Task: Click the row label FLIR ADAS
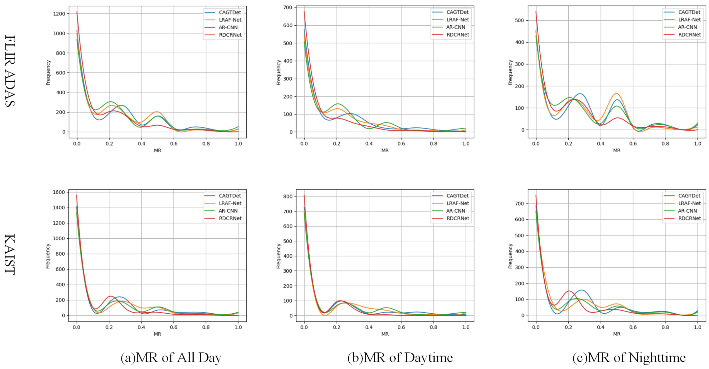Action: tap(10, 71)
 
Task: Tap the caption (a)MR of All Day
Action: tap(171, 357)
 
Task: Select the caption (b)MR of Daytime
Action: tap(400, 357)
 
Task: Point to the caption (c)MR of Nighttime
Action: tap(629, 357)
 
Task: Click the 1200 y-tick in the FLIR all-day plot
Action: tap(59, 14)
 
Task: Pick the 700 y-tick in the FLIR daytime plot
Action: tap(288, 7)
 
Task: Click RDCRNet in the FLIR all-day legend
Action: tap(230, 35)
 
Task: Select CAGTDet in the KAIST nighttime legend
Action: tap(689, 196)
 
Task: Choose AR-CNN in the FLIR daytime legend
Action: tap(456, 27)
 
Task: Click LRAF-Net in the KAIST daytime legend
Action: tap(457, 203)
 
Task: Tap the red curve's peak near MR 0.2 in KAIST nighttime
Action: tap(569, 291)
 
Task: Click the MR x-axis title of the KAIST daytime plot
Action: tap(385, 334)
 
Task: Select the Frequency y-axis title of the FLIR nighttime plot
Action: tap(510, 72)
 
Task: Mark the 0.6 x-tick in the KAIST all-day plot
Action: tap(173, 327)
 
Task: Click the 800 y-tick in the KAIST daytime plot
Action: tap(288, 196)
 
